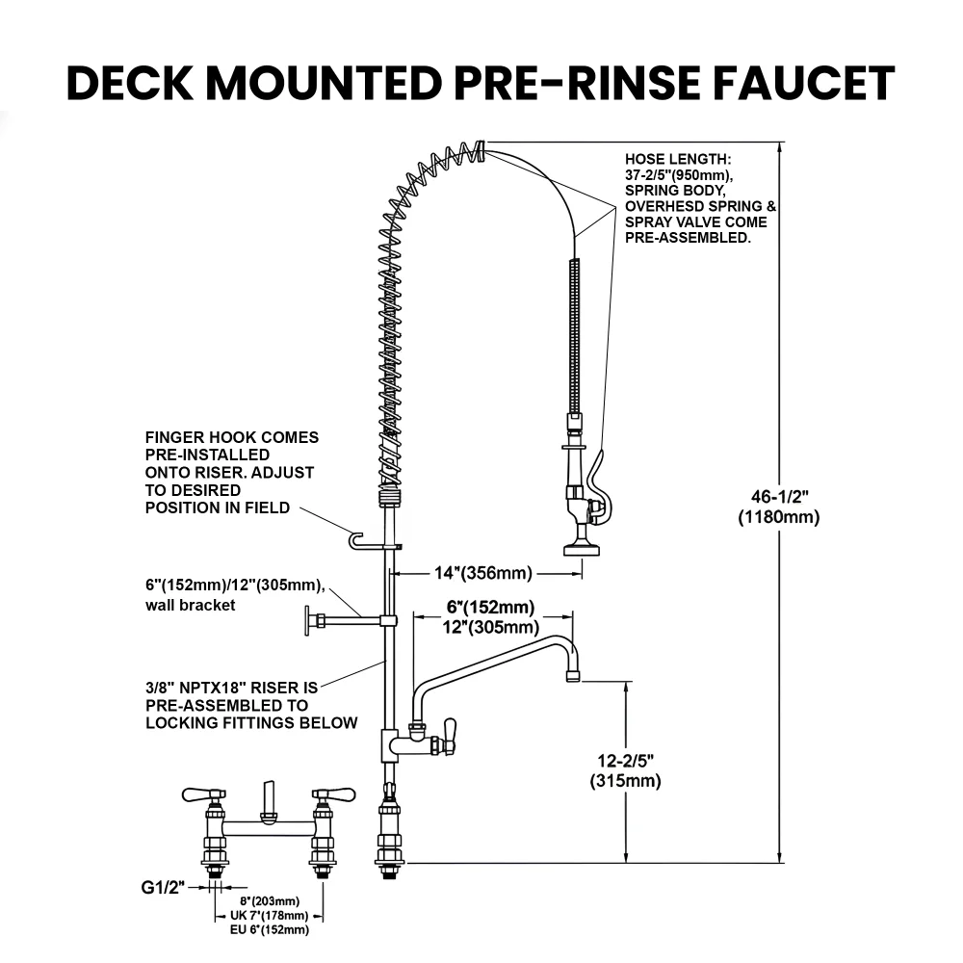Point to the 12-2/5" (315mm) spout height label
(x=625, y=770)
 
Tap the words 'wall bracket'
(x=190, y=606)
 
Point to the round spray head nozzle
(x=582, y=550)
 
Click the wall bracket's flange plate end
(x=308, y=621)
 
